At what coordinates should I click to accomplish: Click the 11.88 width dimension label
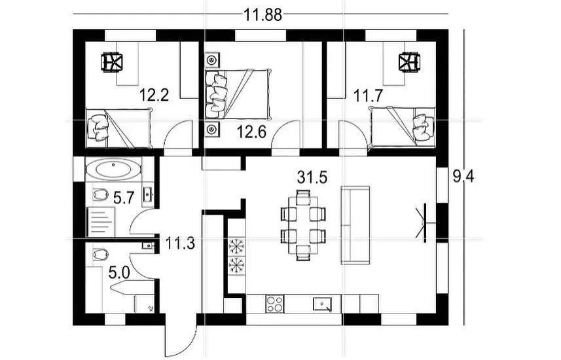pos(262,15)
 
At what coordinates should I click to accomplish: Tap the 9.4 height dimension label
pos(463,177)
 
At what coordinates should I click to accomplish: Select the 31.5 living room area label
pos(312,177)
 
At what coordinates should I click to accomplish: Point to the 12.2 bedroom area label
pos(154,95)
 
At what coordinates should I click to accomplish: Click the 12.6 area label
pos(251,132)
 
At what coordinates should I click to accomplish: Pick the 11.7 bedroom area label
pos(369,96)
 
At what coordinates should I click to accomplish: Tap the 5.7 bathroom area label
pos(124,198)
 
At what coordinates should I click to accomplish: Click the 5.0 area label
pos(118,274)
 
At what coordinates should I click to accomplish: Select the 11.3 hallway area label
pos(180,243)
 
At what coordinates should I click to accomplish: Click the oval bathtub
pos(114,170)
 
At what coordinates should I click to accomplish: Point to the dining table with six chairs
pos(303,225)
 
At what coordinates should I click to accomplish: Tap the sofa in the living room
pos(355,225)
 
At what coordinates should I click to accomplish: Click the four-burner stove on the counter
pos(275,304)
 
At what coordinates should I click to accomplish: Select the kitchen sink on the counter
pos(322,304)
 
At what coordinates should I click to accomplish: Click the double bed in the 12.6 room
pos(237,94)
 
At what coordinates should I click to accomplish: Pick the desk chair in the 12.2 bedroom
pos(112,63)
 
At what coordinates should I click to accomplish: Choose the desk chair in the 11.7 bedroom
pos(410,63)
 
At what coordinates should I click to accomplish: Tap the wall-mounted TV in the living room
pos(424,223)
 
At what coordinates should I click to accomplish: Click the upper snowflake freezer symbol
pos(236,247)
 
